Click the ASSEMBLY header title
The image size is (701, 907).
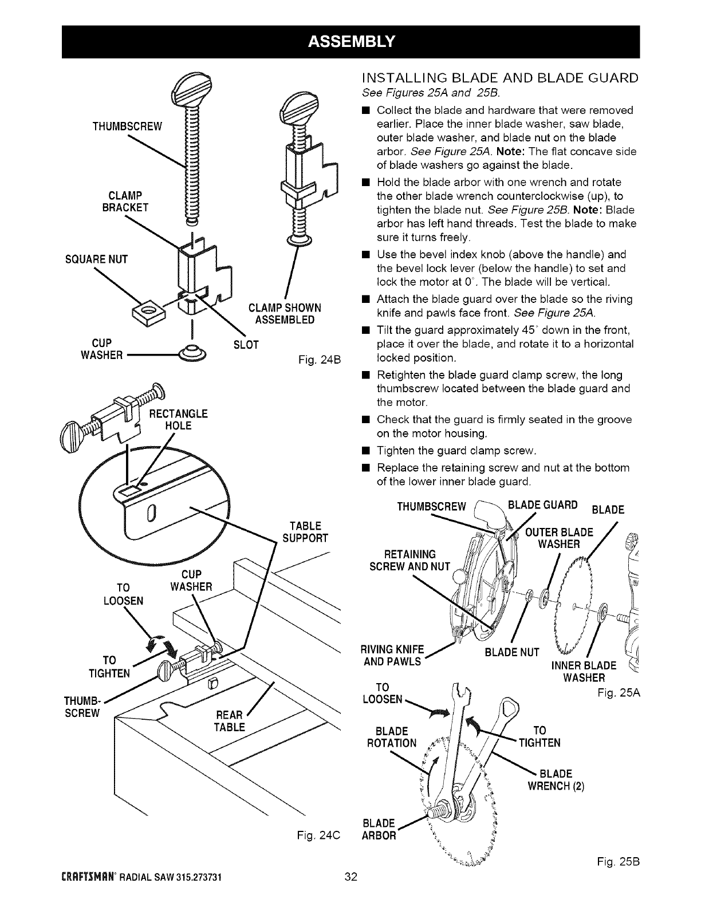350,41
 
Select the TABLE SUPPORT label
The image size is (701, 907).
306,532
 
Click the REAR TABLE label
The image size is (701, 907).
229,721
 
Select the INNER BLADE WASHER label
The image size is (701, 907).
584,672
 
